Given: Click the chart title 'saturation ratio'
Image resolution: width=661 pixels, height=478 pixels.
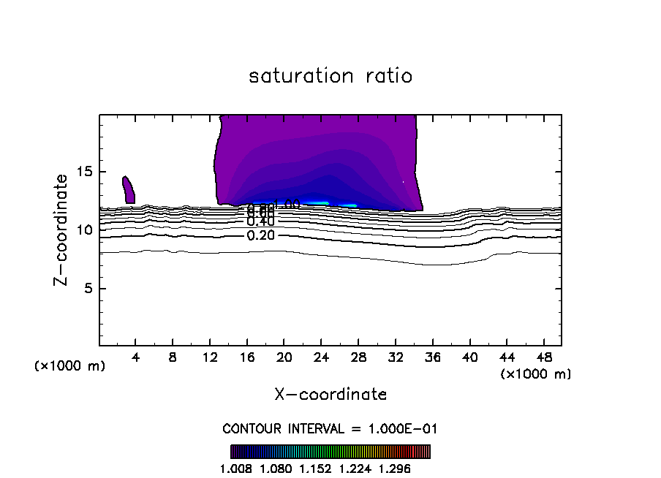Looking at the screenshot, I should click(x=330, y=76).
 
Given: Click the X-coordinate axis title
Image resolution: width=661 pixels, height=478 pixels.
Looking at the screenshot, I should click(x=330, y=395).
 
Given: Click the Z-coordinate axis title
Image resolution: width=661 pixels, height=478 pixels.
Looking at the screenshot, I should click(x=62, y=229).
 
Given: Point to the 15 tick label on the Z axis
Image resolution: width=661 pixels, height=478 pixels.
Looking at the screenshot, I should click(x=86, y=172).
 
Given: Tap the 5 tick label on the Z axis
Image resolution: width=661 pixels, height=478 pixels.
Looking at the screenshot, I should click(x=90, y=288).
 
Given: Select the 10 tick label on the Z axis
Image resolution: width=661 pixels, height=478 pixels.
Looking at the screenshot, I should click(x=86, y=230).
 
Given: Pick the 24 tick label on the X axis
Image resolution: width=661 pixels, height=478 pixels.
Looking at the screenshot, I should click(x=322, y=358).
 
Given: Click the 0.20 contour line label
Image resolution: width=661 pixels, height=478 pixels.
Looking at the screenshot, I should click(x=261, y=235).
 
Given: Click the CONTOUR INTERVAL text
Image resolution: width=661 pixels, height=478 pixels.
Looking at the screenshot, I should click(x=330, y=429).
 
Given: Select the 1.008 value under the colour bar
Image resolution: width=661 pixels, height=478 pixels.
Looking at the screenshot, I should click(x=235, y=468).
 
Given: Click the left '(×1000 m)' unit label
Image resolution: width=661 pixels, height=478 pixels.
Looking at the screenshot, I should click(x=70, y=366).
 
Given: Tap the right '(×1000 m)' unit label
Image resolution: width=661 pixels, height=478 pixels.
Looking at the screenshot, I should click(x=536, y=374).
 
